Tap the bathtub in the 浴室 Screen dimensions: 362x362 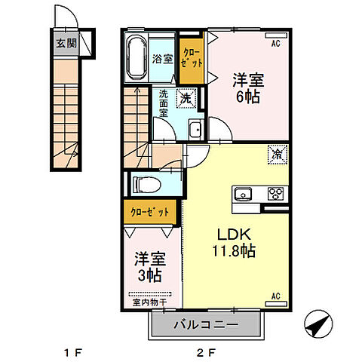point(137,57)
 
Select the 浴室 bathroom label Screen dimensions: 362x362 point(162,59)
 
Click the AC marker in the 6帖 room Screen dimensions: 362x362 point(276,44)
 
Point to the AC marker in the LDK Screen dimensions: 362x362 point(276,296)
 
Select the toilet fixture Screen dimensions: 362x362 point(146,183)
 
